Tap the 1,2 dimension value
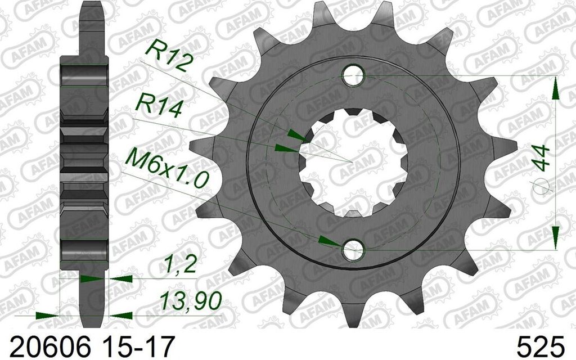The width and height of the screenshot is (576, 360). [179, 264]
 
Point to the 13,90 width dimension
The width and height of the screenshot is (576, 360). [191, 301]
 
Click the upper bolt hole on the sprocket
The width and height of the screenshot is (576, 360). [353, 75]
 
